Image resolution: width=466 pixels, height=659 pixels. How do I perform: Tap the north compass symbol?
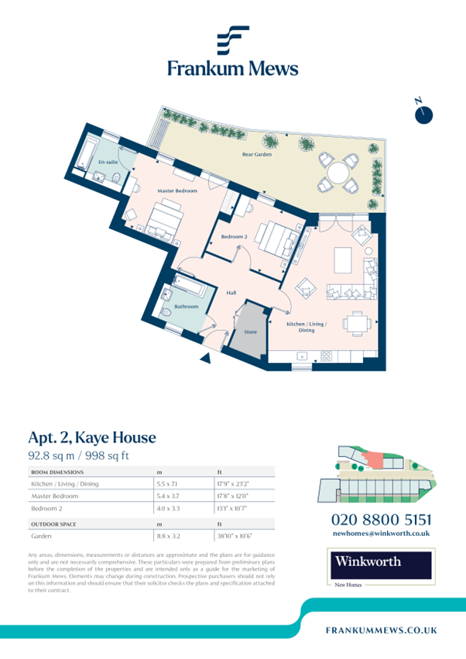tap(423, 115)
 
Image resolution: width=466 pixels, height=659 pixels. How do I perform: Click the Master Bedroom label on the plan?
tap(177, 190)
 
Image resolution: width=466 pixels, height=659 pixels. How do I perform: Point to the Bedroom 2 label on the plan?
tap(234, 236)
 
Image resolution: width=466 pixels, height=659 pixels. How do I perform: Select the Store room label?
tap(250, 332)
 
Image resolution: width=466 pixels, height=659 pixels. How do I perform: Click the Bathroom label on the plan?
tap(186, 306)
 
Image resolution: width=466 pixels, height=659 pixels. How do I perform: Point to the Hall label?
tap(231, 293)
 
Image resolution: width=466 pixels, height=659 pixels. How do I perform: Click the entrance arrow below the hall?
tap(204, 358)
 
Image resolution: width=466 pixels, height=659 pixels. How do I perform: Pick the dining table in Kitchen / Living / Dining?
tap(356, 321)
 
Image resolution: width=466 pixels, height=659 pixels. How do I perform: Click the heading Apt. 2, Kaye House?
tap(92, 438)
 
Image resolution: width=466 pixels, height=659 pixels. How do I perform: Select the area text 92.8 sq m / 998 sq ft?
tap(78, 456)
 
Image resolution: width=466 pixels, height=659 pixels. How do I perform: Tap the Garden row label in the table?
tap(41, 535)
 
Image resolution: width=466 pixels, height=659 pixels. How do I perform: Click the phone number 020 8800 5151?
tap(381, 519)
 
